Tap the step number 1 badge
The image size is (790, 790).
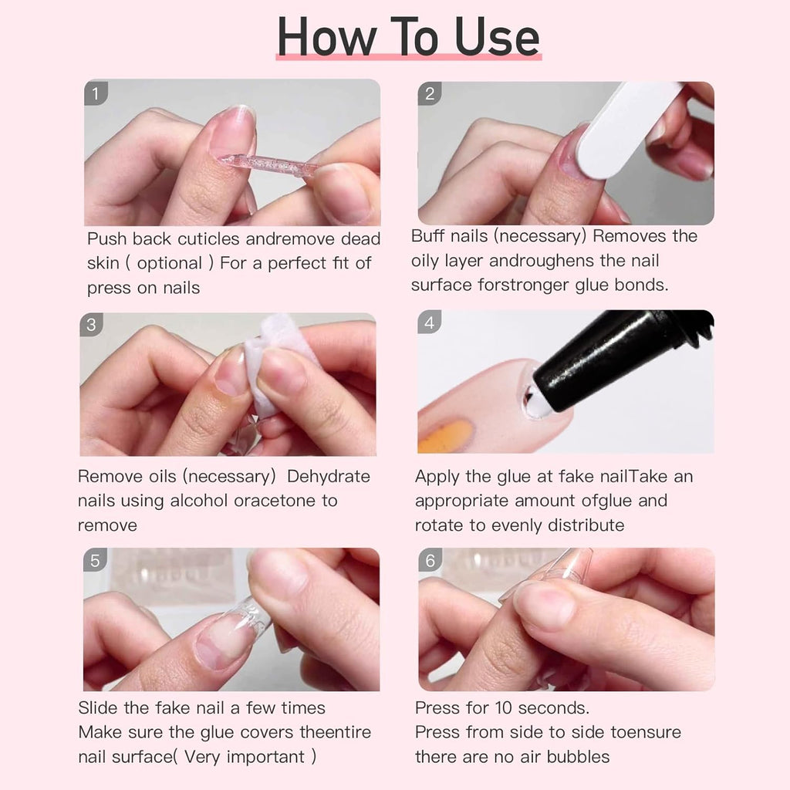(96, 94)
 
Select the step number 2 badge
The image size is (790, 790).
(430, 94)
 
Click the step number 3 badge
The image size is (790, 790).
(91, 325)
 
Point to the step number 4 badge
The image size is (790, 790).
(430, 322)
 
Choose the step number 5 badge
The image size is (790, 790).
(95, 560)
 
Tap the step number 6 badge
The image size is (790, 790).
(430, 560)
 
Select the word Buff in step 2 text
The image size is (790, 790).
(427, 236)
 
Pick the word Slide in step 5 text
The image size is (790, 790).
(98, 707)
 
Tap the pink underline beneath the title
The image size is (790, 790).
(409, 57)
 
